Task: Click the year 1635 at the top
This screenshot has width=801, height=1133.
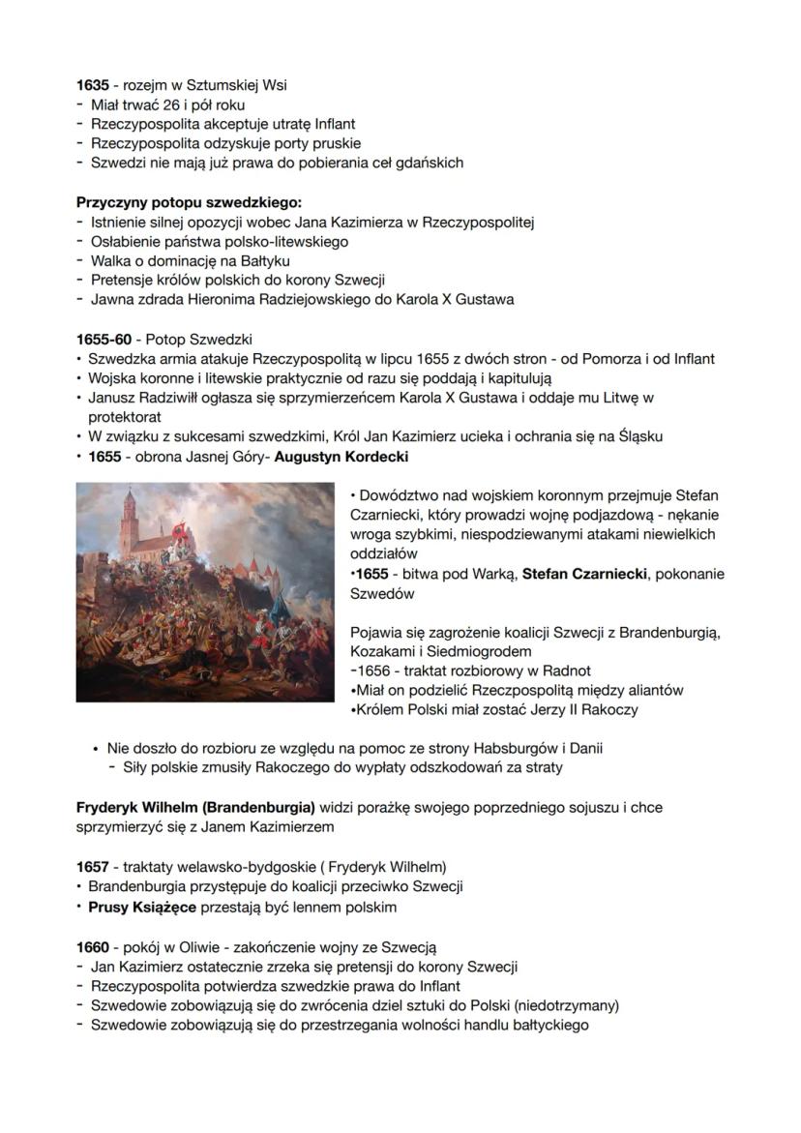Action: tap(93, 85)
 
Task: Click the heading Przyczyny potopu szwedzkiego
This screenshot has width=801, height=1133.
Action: tap(190, 202)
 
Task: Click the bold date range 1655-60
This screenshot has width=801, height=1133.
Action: tap(104, 340)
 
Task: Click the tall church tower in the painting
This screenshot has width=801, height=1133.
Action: tap(128, 527)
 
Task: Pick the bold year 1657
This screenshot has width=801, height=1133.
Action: tap(93, 867)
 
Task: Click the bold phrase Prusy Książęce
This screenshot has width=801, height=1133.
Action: tap(142, 907)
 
